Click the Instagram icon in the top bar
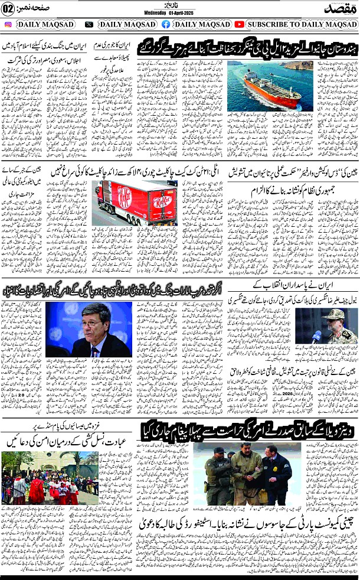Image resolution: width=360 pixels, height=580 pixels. [8, 24]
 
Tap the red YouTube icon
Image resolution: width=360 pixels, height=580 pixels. [239, 24]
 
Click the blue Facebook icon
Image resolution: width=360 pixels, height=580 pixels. [166, 24]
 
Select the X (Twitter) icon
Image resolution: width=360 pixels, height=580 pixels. [89, 24]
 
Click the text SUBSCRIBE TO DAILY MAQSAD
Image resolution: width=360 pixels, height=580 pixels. [302, 24]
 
